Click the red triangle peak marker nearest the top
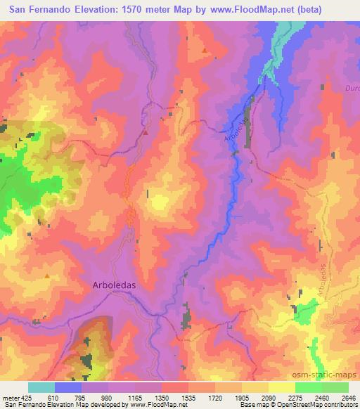(205, 51)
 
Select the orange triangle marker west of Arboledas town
(47, 276)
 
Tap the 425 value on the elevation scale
(21, 398)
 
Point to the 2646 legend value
(348, 398)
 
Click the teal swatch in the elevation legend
(41, 388)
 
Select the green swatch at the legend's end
(335, 388)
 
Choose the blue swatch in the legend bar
(68, 388)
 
